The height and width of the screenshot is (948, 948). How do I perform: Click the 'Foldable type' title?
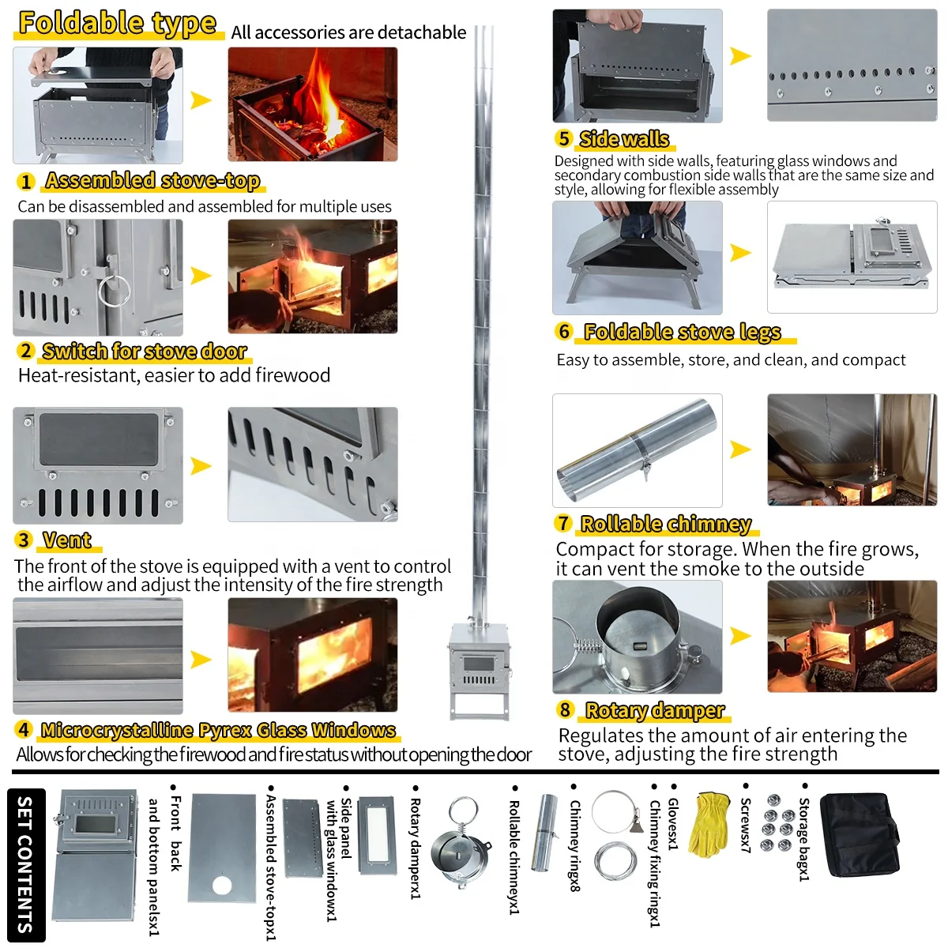click(x=117, y=24)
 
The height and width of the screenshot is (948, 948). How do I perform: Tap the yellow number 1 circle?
click(x=26, y=182)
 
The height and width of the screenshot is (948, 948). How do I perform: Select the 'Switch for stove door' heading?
click(x=145, y=351)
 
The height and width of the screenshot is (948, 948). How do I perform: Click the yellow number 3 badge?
click(x=24, y=540)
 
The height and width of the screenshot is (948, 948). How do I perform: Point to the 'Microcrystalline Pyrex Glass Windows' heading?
click(x=218, y=730)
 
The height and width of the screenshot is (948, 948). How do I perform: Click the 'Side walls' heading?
click(x=624, y=139)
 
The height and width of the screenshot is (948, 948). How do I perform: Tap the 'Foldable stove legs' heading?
click(x=682, y=332)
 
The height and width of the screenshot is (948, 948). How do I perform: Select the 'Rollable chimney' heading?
click(x=666, y=524)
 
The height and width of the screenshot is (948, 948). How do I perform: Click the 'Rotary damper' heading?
click(x=654, y=710)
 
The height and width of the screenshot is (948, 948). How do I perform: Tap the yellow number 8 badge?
click(x=564, y=709)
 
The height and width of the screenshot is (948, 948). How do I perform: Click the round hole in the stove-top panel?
click(x=222, y=885)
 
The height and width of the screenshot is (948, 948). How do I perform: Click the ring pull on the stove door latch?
click(x=114, y=290)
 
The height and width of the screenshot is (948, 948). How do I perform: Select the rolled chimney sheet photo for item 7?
click(x=637, y=450)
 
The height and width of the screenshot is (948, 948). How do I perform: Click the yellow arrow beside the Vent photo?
click(x=201, y=466)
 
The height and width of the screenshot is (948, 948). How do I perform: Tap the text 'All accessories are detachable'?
click(x=348, y=32)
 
